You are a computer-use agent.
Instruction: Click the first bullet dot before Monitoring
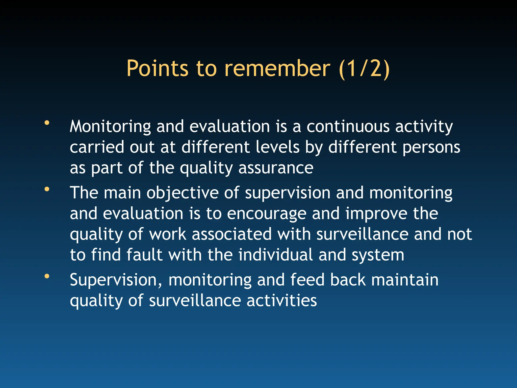[47, 123]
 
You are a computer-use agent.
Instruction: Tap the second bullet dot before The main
[47, 189]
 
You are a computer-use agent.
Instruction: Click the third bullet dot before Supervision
[47, 276]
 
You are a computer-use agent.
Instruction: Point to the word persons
[431, 148]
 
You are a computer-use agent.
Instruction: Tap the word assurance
[276, 168]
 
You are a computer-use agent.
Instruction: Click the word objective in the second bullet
[183, 193]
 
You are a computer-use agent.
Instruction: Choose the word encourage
[267, 214]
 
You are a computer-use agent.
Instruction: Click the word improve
[376, 214]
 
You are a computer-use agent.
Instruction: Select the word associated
[231, 234]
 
